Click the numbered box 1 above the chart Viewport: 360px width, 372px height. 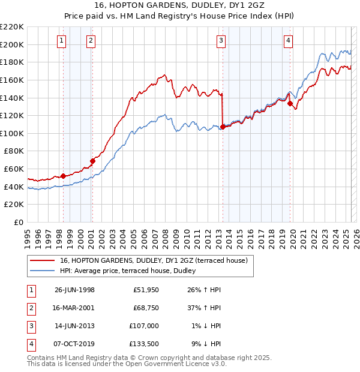pyautogui.click(x=62, y=41)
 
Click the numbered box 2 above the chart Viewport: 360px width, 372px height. pyautogui.click(x=90, y=41)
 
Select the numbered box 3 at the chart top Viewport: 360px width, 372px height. pyautogui.click(x=221, y=41)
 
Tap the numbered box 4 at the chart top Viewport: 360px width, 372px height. pyautogui.click(x=288, y=41)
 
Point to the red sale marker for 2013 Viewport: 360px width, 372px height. pyautogui.click(x=223, y=127)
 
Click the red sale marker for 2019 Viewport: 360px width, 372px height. pyautogui.click(x=290, y=103)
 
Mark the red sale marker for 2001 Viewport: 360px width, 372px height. pyautogui.click(x=93, y=161)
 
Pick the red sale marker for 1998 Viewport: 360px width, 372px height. pyautogui.click(x=64, y=176)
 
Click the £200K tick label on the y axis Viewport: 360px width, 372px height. pyautogui.click(x=12, y=44)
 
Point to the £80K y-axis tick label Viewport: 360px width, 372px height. pyautogui.click(x=14, y=151)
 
